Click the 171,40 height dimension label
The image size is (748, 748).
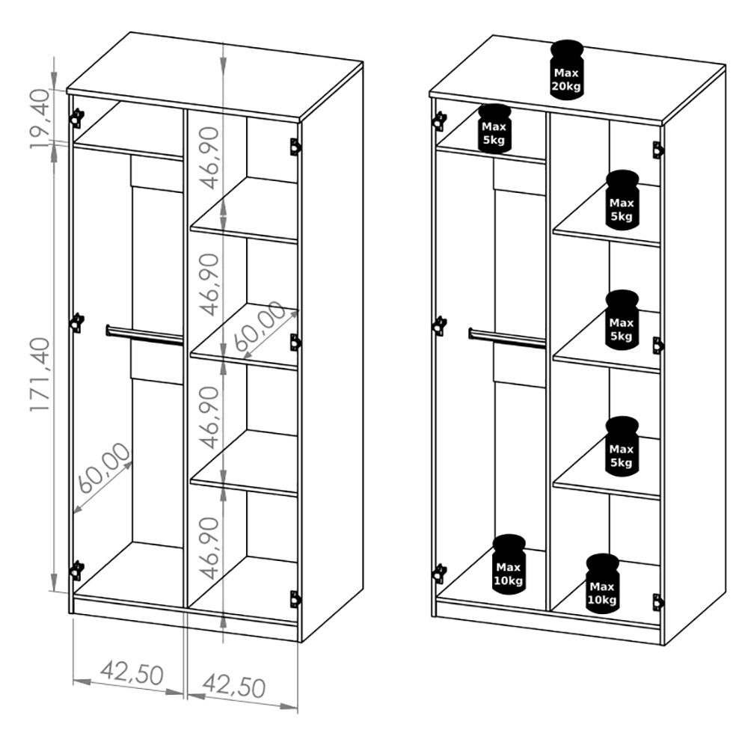[40, 375]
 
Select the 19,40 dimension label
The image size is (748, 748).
[40, 118]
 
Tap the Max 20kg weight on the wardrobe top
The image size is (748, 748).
[566, 70]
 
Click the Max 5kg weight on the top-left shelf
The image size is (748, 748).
[494, 129]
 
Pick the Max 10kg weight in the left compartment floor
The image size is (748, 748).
[509, 564]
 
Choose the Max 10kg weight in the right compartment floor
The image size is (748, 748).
[602, 584]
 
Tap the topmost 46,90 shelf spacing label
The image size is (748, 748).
[209, 158]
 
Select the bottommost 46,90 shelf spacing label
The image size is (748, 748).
[209, 548]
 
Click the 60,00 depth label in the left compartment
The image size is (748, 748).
[103, 468]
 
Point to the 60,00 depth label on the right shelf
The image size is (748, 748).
[260, 326]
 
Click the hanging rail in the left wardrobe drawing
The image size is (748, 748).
[144, 334]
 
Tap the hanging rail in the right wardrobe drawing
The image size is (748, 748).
[507, 337]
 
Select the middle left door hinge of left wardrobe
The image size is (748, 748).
[76, 323]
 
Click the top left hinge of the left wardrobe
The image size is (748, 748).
[76, 118]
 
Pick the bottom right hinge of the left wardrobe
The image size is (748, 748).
[295, 599]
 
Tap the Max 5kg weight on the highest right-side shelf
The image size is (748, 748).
[622, 200]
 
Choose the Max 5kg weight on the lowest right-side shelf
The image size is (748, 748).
[622, 446]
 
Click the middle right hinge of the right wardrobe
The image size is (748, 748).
[658, 346]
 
